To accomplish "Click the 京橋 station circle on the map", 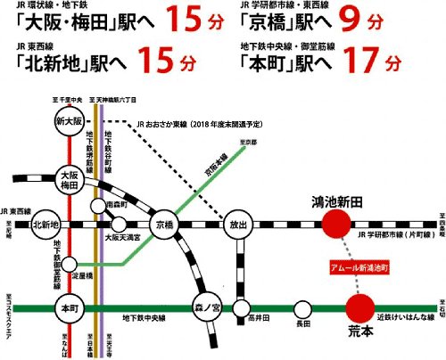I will click(x=163, y=223).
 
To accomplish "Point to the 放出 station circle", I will click(x=235, y=223).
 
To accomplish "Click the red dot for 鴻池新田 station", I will click(x=336, y=223).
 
